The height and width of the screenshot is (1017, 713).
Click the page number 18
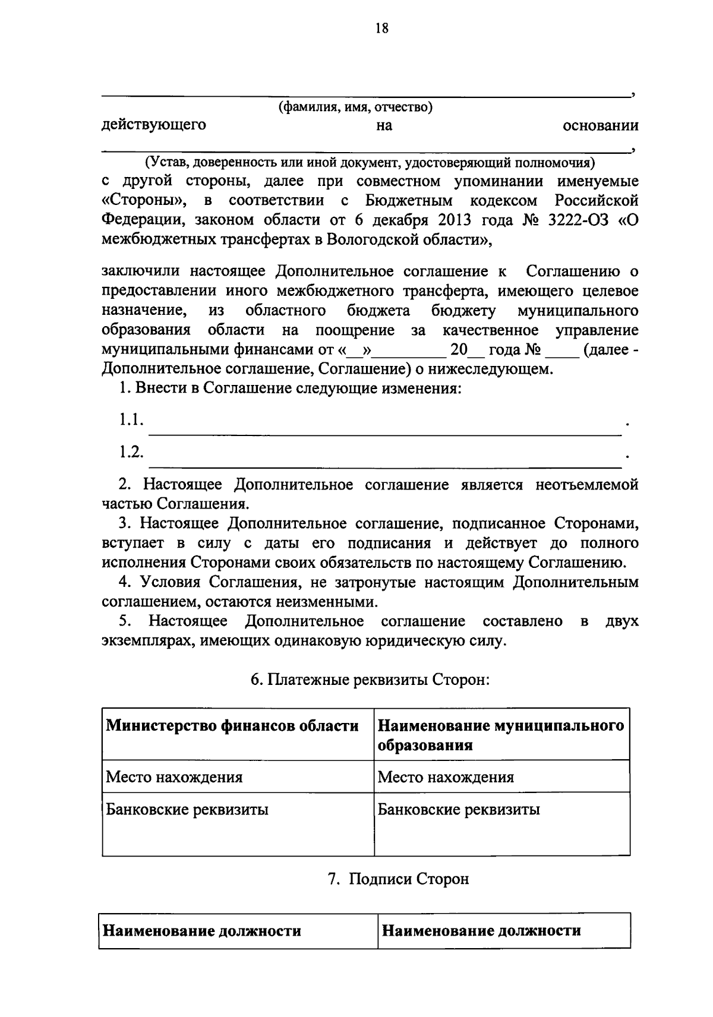[381, 28]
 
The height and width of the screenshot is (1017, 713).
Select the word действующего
[154, 125]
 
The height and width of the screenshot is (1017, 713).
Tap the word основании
[600, 125]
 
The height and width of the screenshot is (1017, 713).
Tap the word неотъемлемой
[587, 485]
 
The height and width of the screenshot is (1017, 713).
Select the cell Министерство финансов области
[232, 726]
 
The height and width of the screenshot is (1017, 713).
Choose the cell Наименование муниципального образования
[500, 735]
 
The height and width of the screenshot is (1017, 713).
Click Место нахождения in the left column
[174, 777]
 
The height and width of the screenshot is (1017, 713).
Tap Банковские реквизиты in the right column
[459, 809]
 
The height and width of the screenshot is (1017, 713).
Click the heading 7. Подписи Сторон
[399, 879]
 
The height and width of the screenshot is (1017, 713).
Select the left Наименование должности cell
[202, 931]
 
